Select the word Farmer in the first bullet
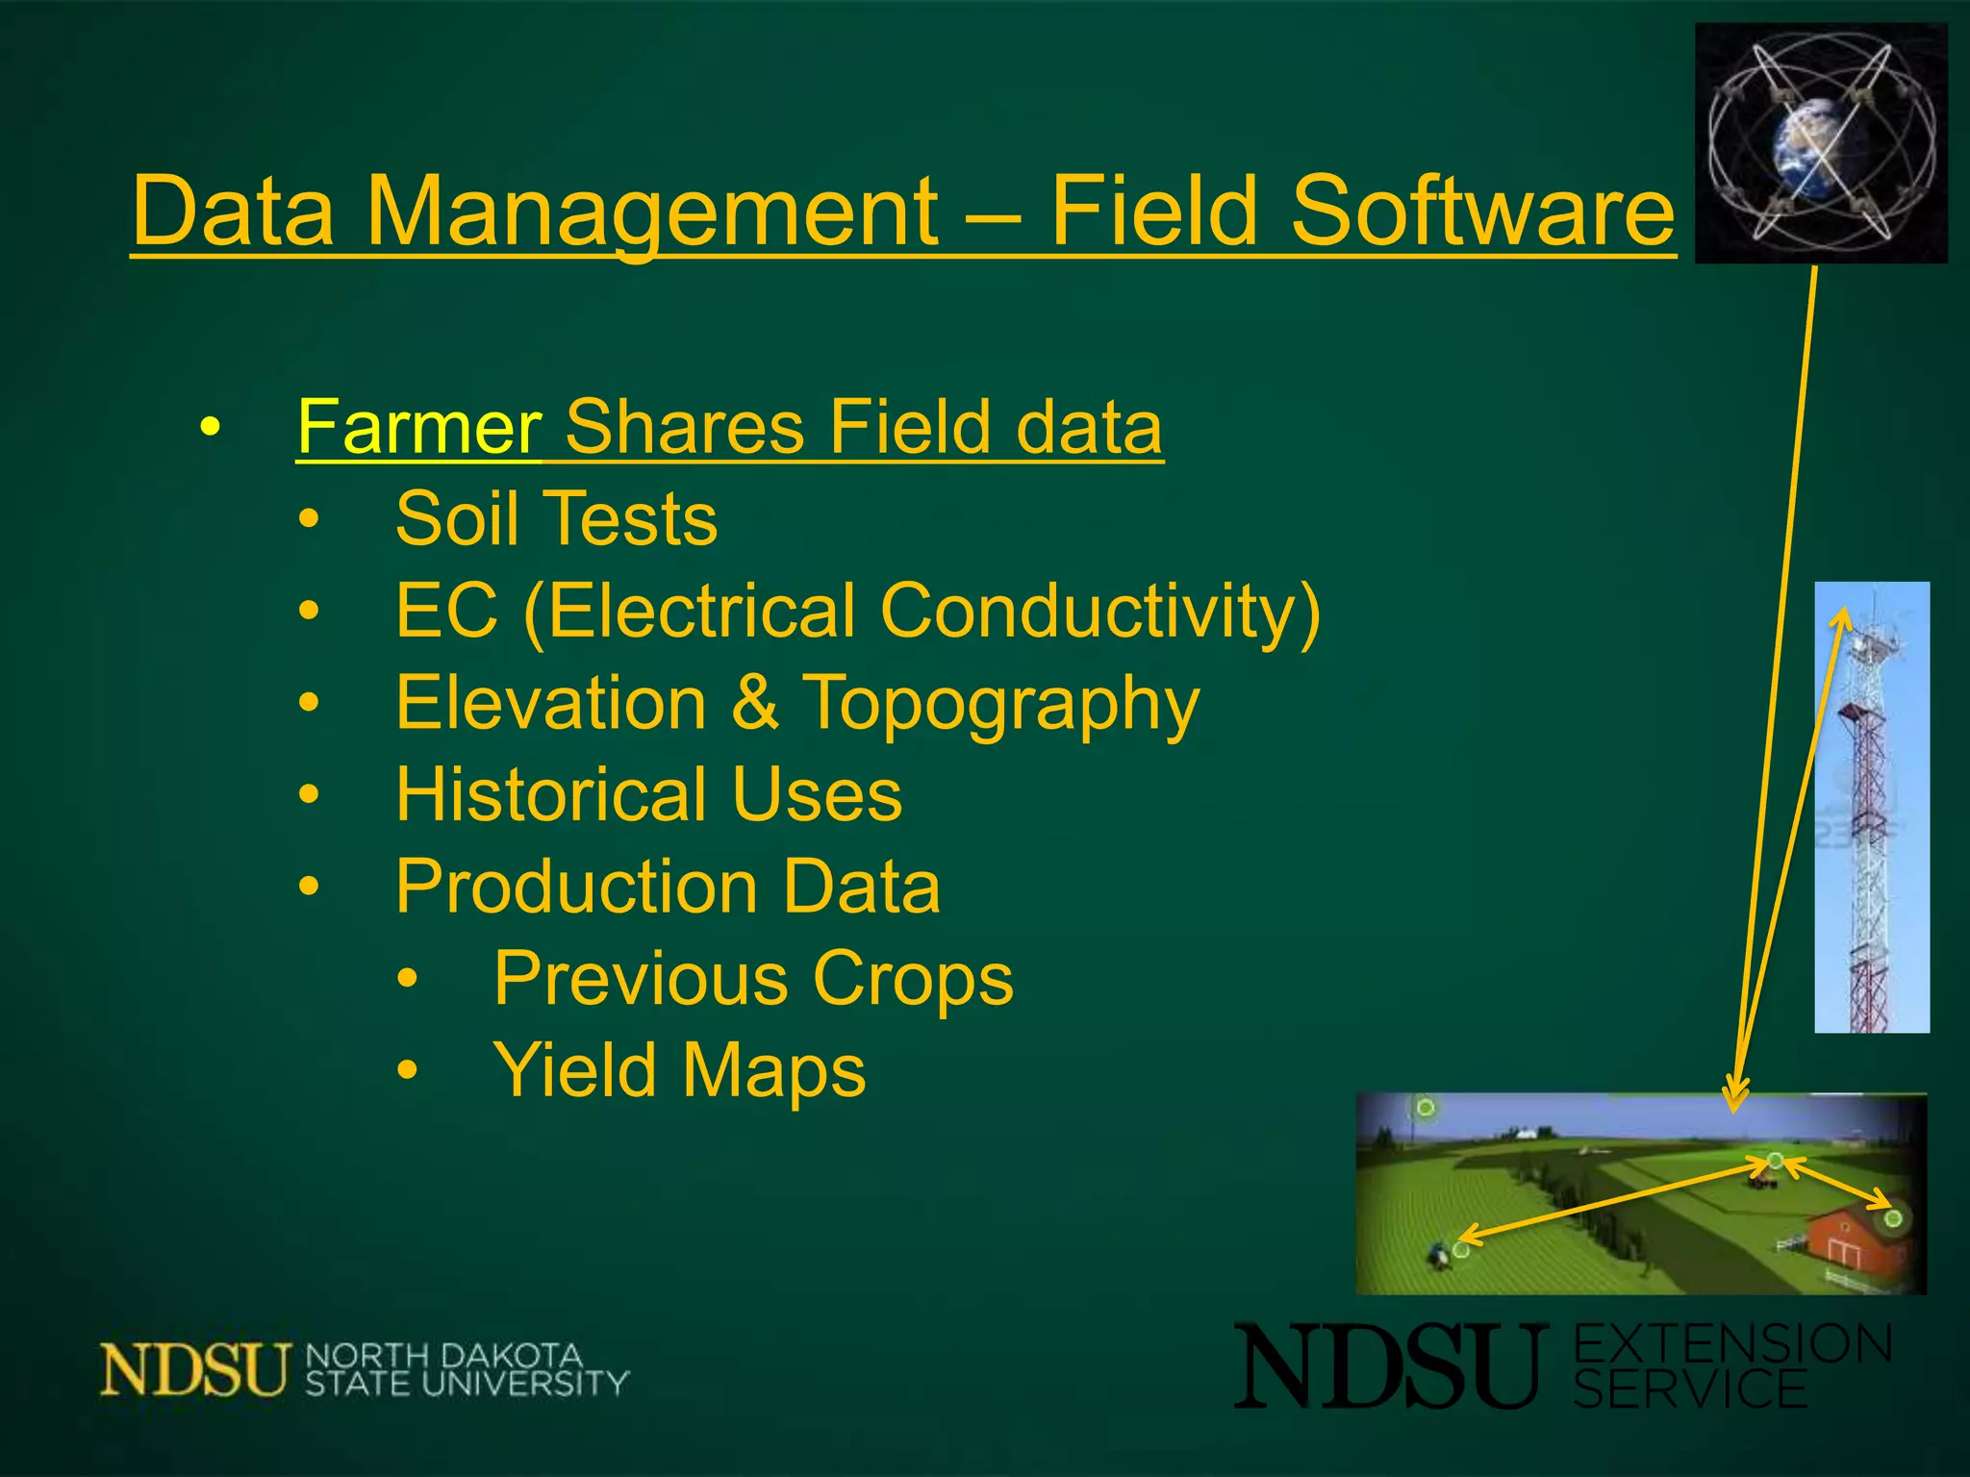pyautogui.click(x=419, y=427)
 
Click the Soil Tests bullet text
pyautogui.click(x=556, y=519)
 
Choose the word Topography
pyautogui.click(x=1000, y=704)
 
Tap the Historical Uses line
pyautogui.click(x=648, y=795)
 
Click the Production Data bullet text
pyautogui.click(x=668, y=887)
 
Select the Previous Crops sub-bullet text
pyautogui.click(x=753, y=979)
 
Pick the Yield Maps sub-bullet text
pyautogui.click(x=679, y=1070)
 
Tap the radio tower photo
pyautogui.click(x=1871, y=808)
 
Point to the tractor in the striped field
pyautogui.click(x=1438, y=1254)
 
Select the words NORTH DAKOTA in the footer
pyautogui.click(x=443, y=1356)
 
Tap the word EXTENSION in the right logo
pyautogui.click(x=1731, y=1344)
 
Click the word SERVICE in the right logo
pyautogui.click(x=1690, y=1390)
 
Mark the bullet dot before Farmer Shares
pyautogui.click(x=211, y=427)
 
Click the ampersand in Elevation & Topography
pyautogui.click(x=756, y=704)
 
